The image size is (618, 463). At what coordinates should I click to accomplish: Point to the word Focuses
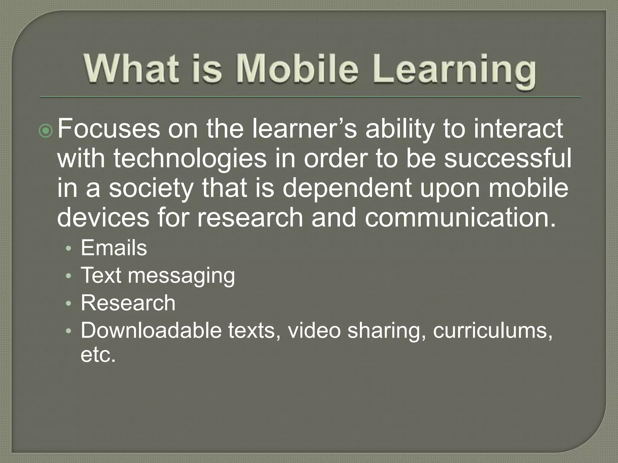109,129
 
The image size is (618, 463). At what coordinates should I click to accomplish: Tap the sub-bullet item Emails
114,248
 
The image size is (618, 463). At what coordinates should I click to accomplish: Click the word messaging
181,276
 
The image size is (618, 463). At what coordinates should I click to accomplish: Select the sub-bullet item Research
128,303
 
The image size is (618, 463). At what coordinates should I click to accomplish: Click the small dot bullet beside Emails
69,249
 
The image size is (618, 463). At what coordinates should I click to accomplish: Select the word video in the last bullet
314,330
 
